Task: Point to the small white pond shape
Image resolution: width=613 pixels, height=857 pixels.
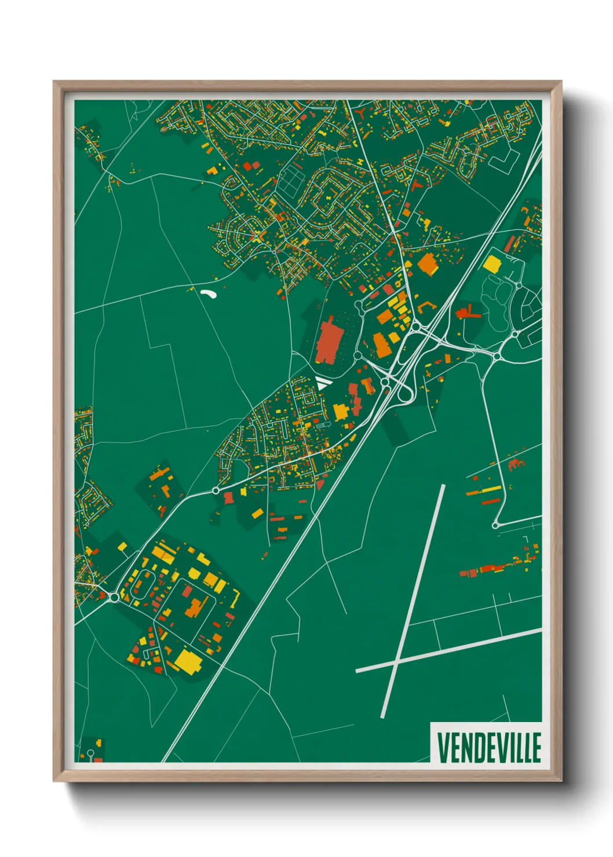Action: coord(209,294)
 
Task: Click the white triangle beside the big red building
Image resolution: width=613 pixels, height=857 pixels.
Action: coord(322,383)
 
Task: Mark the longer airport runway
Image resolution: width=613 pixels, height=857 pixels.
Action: coord(413,600)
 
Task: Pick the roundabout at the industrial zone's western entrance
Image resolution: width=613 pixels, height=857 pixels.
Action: coord(114,596)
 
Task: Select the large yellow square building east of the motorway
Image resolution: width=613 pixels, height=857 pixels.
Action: coord(491,264)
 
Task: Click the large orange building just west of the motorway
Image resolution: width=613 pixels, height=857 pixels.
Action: coord(428,263)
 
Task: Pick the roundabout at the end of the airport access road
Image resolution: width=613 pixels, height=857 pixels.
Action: coord(495,525)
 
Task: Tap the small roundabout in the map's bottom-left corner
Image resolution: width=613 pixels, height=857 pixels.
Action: coord(90,753)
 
